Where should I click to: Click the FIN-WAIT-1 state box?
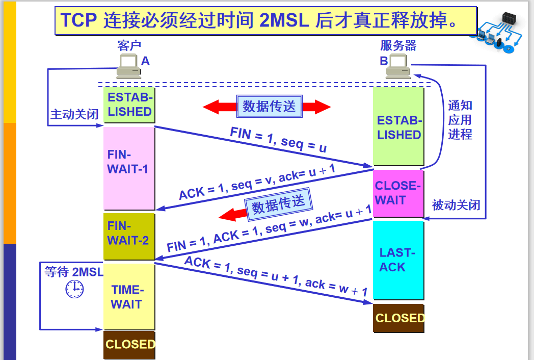(129, 168)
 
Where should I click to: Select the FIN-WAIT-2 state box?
(129, 236)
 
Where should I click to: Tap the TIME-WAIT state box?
(129, 296)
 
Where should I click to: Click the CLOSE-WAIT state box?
(398, 193)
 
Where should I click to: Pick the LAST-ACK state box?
(398, 260)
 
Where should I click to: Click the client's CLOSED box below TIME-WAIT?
(129, 345)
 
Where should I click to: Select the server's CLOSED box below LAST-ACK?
(399, 318)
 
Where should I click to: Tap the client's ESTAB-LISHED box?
(129, 105)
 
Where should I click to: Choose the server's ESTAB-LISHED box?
(398, 127)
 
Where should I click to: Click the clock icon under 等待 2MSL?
(74, 289)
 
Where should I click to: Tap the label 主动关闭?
(74, 114)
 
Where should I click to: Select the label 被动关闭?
(456, 205)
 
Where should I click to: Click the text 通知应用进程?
(460, 120)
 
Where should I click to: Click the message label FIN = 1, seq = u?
(278, 140)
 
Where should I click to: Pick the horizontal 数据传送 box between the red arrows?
(269, 106)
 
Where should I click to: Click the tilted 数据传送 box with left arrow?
(279, 205)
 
